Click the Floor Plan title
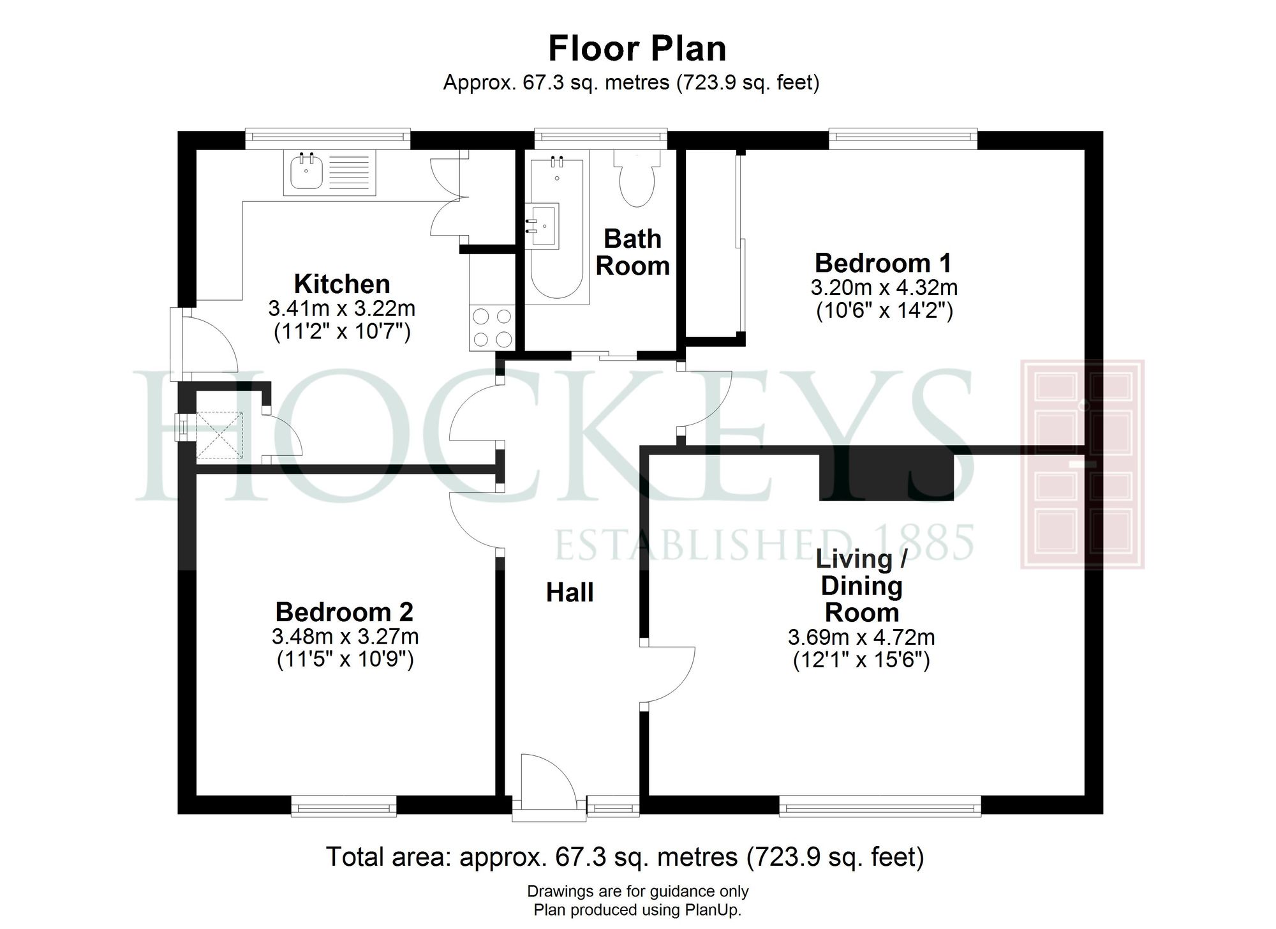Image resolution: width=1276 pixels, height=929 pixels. click(637, 49)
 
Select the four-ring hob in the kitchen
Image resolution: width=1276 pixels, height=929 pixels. click(491, 328)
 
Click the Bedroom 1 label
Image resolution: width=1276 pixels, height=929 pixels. click(883, 263)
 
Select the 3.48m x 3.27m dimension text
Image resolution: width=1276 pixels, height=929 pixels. click(345, 637)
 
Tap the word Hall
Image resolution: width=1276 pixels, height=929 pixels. click(569, 593)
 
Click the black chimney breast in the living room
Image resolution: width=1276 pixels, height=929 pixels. click(886, 476)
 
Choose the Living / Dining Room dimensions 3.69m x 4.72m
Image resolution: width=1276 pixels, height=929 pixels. click(861, 637)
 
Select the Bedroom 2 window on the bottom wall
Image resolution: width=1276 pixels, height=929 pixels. click(344, 806)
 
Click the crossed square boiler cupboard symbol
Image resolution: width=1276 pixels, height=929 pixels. click(219, 435)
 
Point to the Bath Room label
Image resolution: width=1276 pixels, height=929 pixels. click(632, 252)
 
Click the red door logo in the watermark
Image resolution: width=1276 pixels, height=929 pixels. click(1082, 464)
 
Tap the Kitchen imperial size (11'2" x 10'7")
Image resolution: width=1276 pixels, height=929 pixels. click(342, 332)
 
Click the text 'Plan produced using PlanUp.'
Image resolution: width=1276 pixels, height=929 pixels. click(637, 910)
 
